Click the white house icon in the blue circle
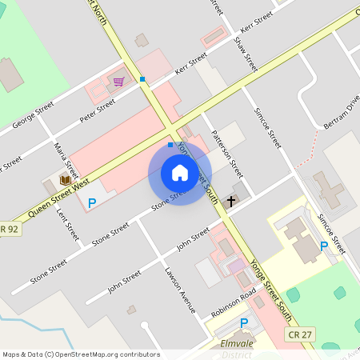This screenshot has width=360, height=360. (x=180, y=173)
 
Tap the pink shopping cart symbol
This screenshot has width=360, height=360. (x=118, y=82)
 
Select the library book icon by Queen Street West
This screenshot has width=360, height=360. (x=65, y=180)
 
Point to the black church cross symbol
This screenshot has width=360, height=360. (x=231, y=200)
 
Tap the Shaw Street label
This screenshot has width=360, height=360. (x=245, y=52)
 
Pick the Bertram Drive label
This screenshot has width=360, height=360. (x=342, y=114)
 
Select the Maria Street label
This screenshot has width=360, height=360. (x=67, y=159)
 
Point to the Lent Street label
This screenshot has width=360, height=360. (x=68, y=225)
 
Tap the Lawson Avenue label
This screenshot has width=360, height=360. (x=180, y=289)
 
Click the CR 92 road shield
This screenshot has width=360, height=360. (x=8, y=230)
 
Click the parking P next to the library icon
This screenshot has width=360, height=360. (x=91, y=203)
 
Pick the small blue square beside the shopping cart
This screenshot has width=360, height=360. (x=142, y=78)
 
